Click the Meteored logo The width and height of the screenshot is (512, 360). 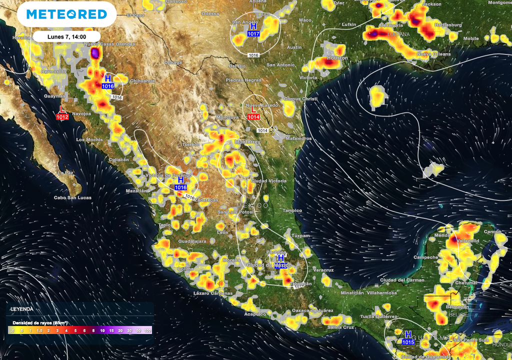66,14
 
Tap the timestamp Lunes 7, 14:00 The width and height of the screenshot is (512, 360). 66,36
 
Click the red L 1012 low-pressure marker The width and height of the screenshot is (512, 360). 62,113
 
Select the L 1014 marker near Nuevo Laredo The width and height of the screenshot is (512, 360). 253,113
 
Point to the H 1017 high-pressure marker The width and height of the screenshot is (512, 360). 253,30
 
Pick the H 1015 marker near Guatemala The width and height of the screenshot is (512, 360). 408,338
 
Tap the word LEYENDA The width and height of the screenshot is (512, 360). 22,309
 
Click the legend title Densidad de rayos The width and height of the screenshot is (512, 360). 40,322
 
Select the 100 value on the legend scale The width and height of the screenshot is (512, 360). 147,330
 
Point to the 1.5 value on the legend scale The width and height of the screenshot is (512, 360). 39,330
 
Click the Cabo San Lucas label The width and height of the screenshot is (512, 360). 73,198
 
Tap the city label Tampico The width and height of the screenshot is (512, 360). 292,210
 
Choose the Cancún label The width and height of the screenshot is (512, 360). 492,232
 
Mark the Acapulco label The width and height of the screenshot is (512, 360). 254,314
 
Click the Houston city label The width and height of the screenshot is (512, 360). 337,58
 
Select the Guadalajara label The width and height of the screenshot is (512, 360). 192,241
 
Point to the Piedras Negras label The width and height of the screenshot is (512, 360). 243,80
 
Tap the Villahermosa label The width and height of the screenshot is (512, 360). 380,292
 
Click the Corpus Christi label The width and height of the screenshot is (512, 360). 300,99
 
